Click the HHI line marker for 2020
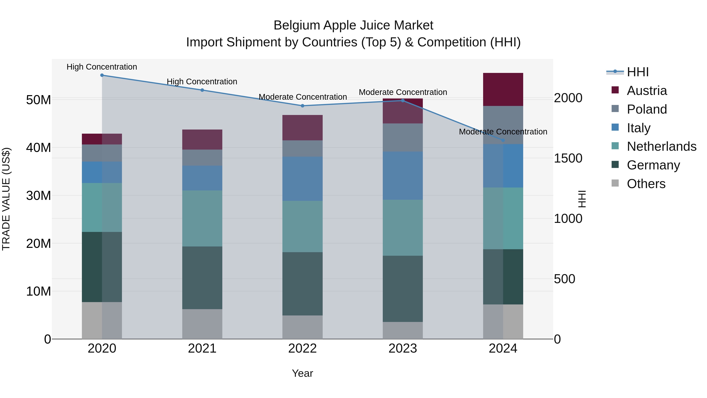102,75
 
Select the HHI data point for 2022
302,106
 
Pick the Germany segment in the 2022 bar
302,284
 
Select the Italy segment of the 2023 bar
403,176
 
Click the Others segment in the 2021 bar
202,324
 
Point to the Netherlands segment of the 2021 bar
202,218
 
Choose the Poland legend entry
647,109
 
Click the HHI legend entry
638,72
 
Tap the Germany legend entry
653,165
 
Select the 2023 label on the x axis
403,348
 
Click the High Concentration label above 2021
202,82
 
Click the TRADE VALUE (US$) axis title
6,199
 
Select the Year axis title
302,373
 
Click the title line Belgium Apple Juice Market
353,25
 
